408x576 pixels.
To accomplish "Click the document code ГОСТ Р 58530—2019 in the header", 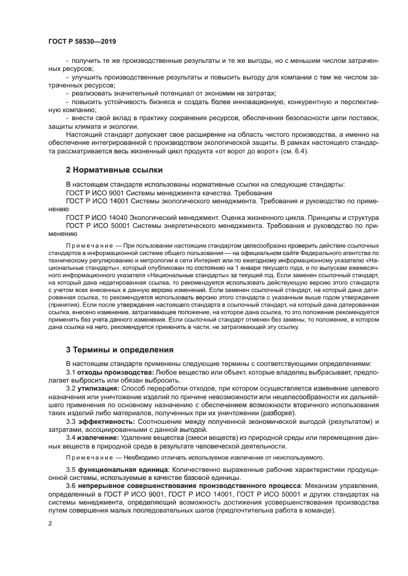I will tap(82, 41).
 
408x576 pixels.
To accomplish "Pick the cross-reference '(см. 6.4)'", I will tap(300, 152).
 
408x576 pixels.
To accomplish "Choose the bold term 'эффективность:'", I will tap(106, 421).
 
